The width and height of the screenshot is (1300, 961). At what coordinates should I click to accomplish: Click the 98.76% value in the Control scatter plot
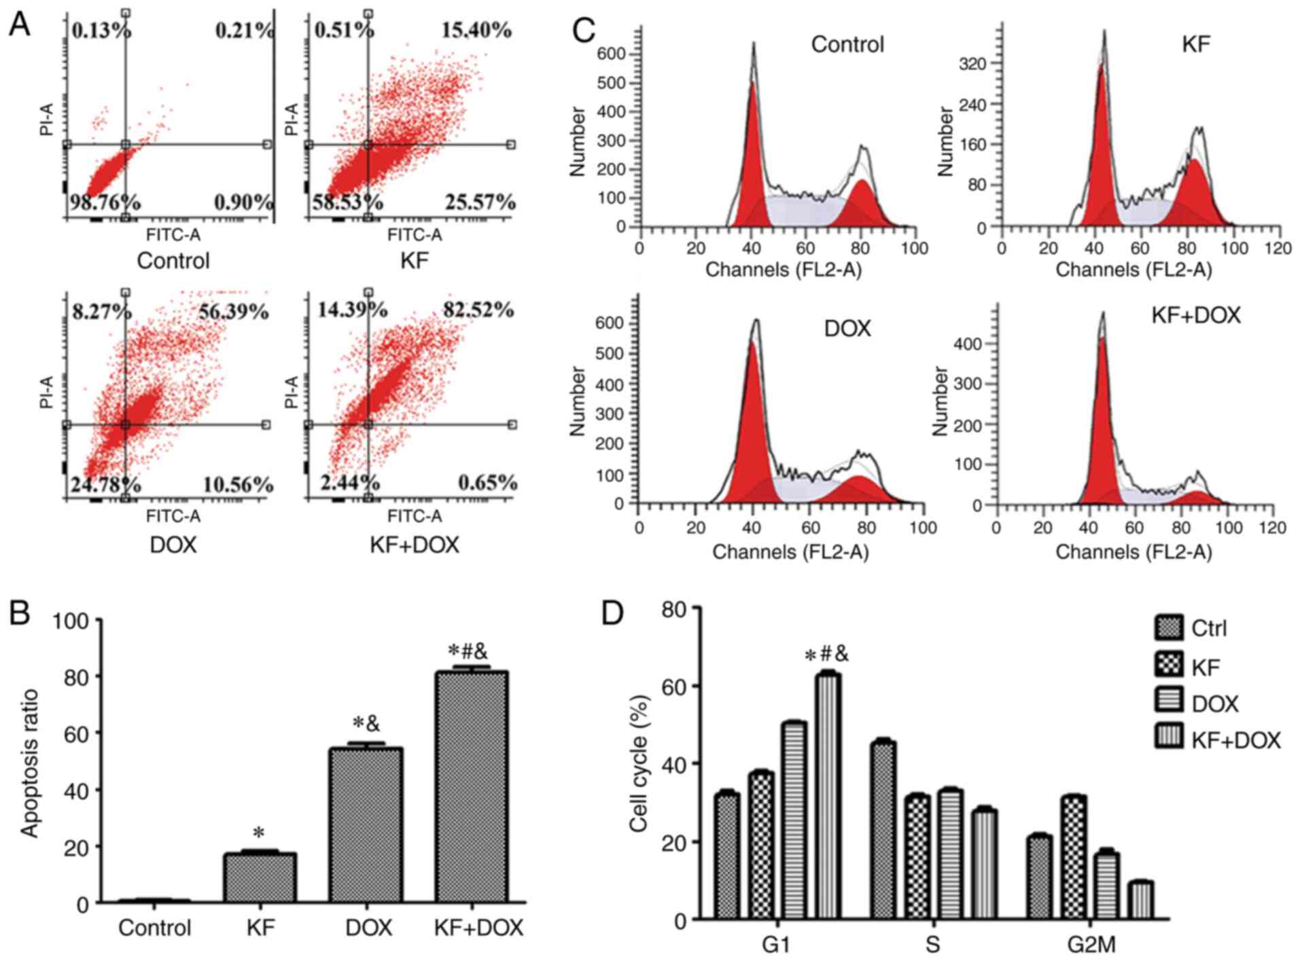point(105,202)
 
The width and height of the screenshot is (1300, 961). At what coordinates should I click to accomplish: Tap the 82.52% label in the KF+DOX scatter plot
point(478,310)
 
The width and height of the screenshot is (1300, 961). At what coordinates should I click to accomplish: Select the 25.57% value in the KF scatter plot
point(480,202)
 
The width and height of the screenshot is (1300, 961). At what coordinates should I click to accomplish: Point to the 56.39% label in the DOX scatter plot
point(233,312)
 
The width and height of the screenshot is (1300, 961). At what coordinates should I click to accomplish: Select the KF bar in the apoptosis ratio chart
point(260,877)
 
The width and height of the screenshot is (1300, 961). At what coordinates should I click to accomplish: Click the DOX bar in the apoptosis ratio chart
point(366,824)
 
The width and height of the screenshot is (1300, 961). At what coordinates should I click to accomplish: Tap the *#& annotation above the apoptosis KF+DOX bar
point(468,653)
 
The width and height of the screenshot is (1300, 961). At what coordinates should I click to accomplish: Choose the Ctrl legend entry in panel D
point(1209,628)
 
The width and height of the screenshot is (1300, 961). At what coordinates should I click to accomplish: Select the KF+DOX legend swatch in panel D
point(1169,736)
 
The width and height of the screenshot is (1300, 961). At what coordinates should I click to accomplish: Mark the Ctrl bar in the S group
point(883,829)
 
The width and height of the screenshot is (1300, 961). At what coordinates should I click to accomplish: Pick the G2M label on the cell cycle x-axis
point(1091,945)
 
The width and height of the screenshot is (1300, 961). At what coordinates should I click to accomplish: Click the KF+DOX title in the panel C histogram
point(1195,315)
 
